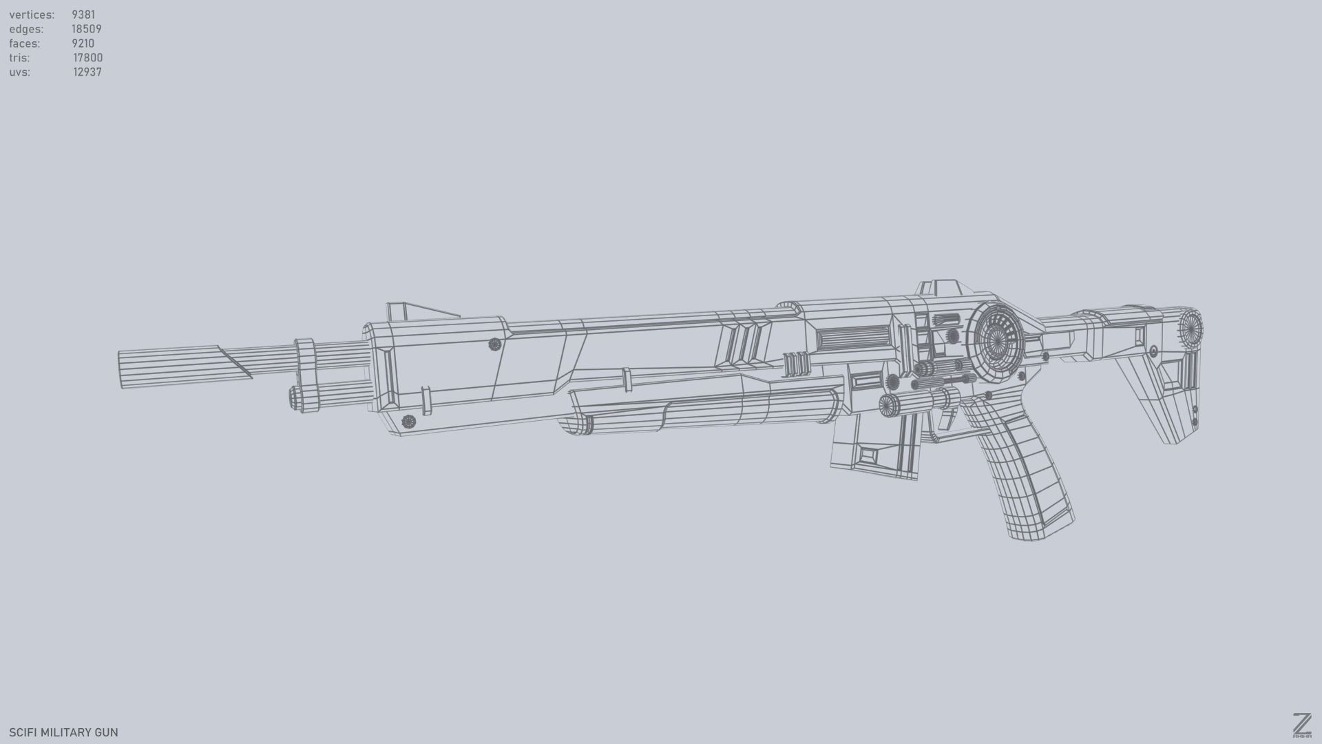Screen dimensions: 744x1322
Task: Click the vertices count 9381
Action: [x=83, y=14]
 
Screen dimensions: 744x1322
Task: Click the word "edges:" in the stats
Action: [x=26, y=29]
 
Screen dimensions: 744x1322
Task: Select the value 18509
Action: [x=87, y=29]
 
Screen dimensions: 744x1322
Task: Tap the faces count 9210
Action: [x=83, y=43]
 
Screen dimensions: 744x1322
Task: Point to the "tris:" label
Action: [x=19, y=58]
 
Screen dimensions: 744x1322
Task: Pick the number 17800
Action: [x=88, y=58]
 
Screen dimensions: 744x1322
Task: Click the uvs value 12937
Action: [x=87, y=72]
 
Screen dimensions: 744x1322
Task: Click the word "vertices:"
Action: [x=32, y=14]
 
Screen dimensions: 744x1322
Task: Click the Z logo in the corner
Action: [x=1301, y=725]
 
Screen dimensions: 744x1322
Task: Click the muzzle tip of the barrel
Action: [x=122, y=370]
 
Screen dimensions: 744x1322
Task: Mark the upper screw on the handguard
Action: [x=494, y=344]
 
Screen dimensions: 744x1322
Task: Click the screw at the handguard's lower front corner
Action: [x=408, y=422]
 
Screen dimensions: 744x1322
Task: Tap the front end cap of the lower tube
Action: [x=296, y=398]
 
